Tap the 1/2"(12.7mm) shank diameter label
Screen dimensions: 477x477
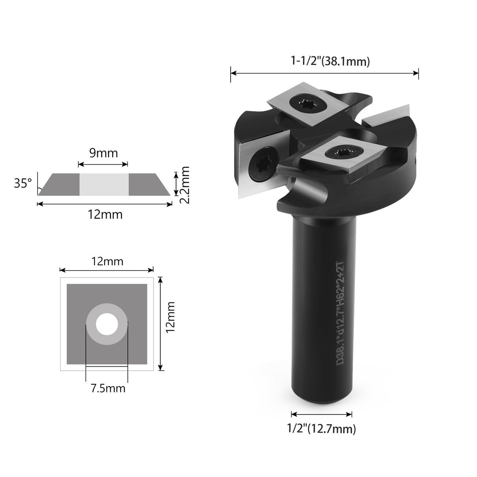tap(321, 429)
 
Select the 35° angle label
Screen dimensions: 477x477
tap(23, 183)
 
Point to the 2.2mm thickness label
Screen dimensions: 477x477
tap(184, 184)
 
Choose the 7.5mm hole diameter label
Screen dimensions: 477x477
tap(108, 389)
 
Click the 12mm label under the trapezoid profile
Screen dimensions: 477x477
tap(105, 215)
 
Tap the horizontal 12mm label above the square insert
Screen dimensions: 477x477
tap(107, 261)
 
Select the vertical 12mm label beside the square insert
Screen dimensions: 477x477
tap(170, 317)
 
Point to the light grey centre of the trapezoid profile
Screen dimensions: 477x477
tap(104, 184)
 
